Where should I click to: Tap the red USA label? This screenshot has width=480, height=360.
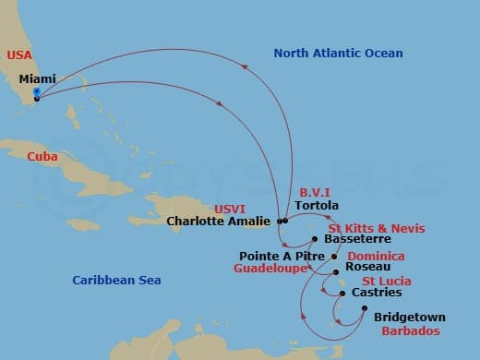[x=19, y=55]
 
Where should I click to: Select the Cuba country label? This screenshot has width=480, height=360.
[x=42, y=156]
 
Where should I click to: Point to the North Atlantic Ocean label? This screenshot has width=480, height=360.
[x=338, y=54]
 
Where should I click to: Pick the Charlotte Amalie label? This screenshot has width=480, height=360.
[x=219, y=221]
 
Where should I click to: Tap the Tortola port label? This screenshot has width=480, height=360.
[x=317, y=205]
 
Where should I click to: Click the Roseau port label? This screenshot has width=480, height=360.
[x=360, y=268]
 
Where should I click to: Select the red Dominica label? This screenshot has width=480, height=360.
[x=377, y=256]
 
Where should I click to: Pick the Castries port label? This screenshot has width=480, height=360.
[x=377, y=293]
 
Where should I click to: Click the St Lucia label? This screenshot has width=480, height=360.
[x=387, y=281]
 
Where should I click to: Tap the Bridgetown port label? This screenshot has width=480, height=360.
[x=409, y=317]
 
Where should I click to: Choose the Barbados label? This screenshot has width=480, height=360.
[x=411, y=330]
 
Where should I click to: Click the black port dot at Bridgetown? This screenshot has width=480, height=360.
[x=365, y=308]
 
